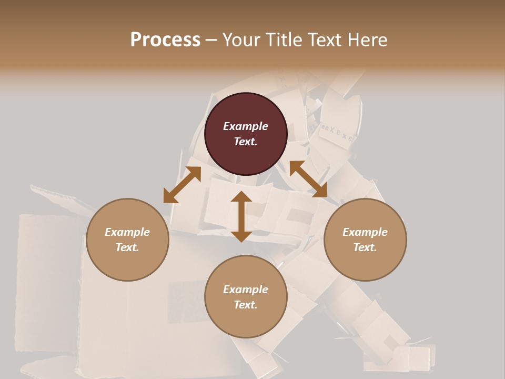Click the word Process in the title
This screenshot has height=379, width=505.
point(165,39)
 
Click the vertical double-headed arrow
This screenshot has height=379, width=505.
point(241,216)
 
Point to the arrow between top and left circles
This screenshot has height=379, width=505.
point(182,184)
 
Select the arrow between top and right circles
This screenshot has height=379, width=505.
point(308,179)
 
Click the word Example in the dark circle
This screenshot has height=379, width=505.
point(246,126)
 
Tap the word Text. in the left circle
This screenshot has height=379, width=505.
point(127,247)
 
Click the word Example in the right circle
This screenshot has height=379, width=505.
point(365,232)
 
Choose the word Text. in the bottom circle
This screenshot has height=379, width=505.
point(246,305)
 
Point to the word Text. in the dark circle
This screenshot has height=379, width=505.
point(246,142)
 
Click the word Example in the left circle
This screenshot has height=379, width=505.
point(127,232)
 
